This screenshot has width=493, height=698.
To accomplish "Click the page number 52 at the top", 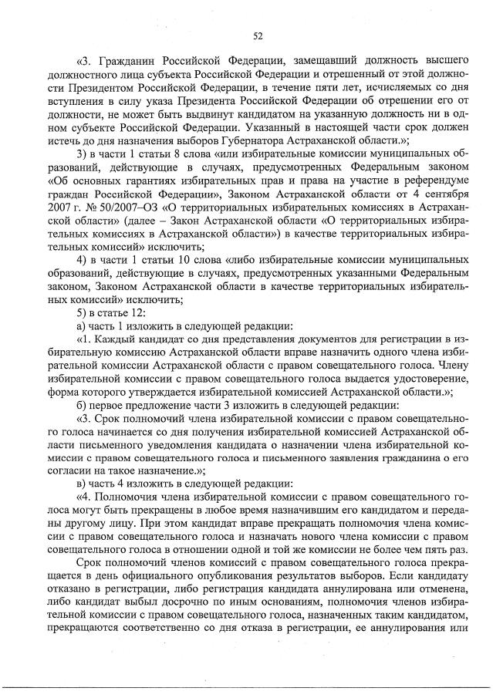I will tap(258, 34).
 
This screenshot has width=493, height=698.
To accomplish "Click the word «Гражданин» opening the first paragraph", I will tap(126, 59).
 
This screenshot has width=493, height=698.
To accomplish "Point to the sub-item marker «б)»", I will tap(83, 406).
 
